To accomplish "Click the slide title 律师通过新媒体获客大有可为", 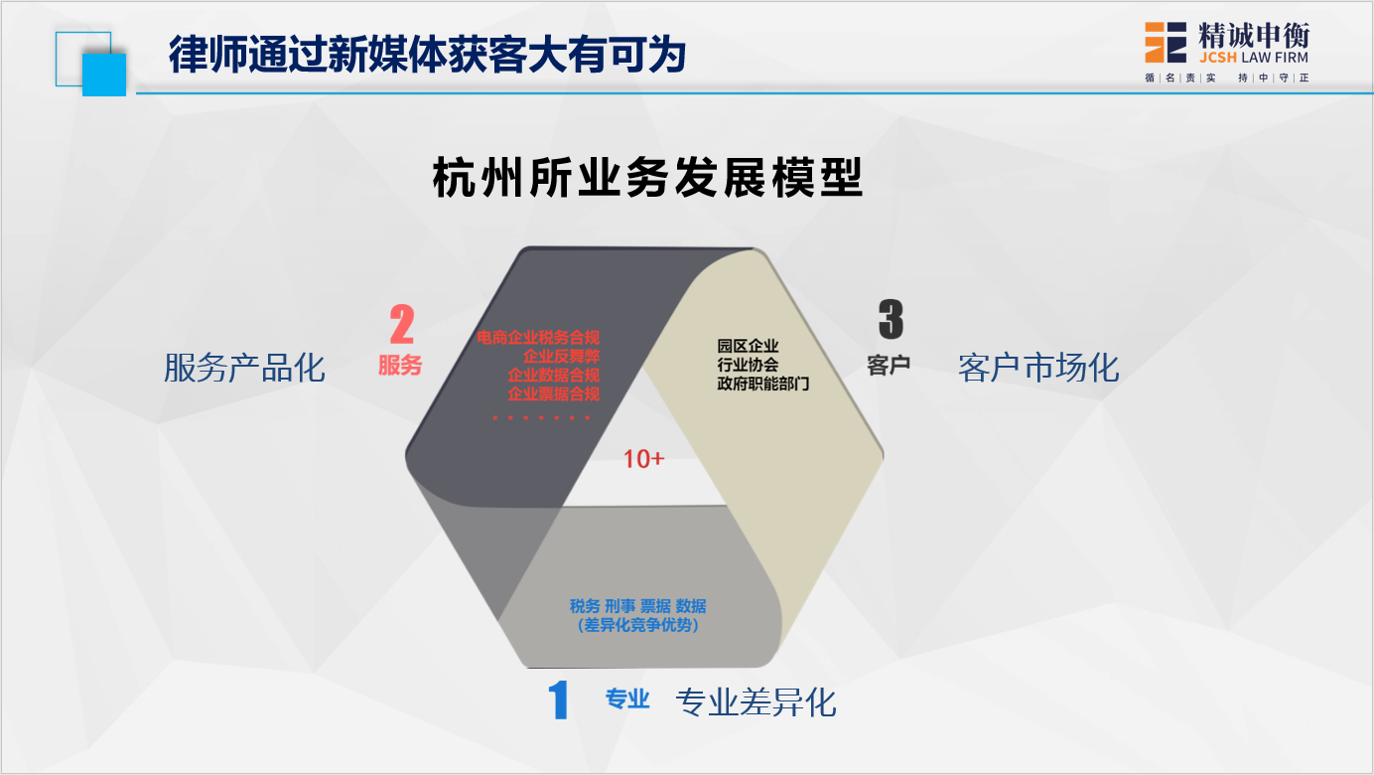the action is tap(427, 55).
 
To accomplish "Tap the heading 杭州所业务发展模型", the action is tap(647, 178).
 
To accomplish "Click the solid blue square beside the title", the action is tap(104, 75).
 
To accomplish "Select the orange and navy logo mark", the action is tap(1165, 43).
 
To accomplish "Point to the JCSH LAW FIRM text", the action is tap(1253, 58).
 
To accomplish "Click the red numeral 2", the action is tap(402, 324).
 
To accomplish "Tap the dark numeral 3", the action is tap(891, 319).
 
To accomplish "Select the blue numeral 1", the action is tap(558, 699).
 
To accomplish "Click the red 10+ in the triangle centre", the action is tap(643, 459).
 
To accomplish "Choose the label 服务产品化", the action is tap(244, 368).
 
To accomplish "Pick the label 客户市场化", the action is tap(1038, 368).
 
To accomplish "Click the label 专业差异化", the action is tap(756, 701).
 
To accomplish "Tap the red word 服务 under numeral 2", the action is tap(400, 365).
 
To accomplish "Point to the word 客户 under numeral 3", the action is tap(889, 365).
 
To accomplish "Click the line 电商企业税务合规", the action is tap(538, 337).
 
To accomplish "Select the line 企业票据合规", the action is tap(553, 393).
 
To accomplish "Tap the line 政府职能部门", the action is tap(763, 384).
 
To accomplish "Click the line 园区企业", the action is tap(748, 346).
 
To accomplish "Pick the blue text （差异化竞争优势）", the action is tap(638, 625).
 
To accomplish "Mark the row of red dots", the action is tap(541, 417).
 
